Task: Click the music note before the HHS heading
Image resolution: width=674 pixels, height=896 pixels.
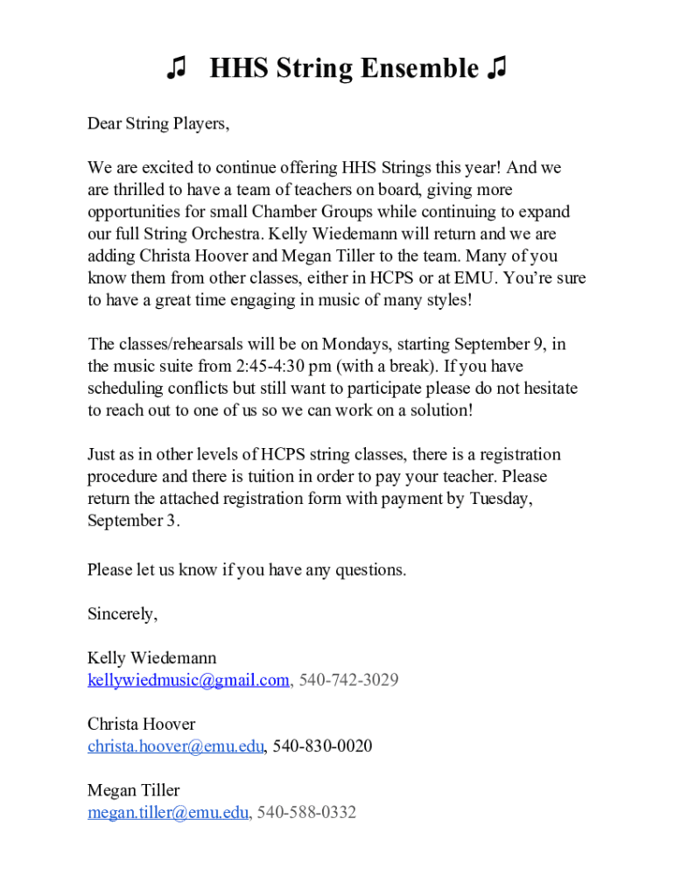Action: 177,67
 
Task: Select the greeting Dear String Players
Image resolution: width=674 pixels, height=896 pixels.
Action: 158,123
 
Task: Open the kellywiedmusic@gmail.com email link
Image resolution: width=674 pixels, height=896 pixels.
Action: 188,680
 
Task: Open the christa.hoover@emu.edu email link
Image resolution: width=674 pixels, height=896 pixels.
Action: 175,746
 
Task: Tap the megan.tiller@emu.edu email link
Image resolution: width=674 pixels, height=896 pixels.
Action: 168,813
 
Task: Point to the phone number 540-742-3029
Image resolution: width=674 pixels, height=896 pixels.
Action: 348,680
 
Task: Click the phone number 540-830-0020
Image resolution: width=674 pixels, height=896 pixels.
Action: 322,746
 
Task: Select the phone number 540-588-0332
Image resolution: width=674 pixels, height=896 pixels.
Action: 306,813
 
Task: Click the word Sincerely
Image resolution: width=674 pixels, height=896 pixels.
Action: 122,613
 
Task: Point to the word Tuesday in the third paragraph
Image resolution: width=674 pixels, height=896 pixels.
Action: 500,499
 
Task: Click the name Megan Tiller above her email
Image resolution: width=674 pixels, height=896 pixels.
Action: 133,790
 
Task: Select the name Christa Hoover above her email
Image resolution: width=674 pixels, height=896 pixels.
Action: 141,724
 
